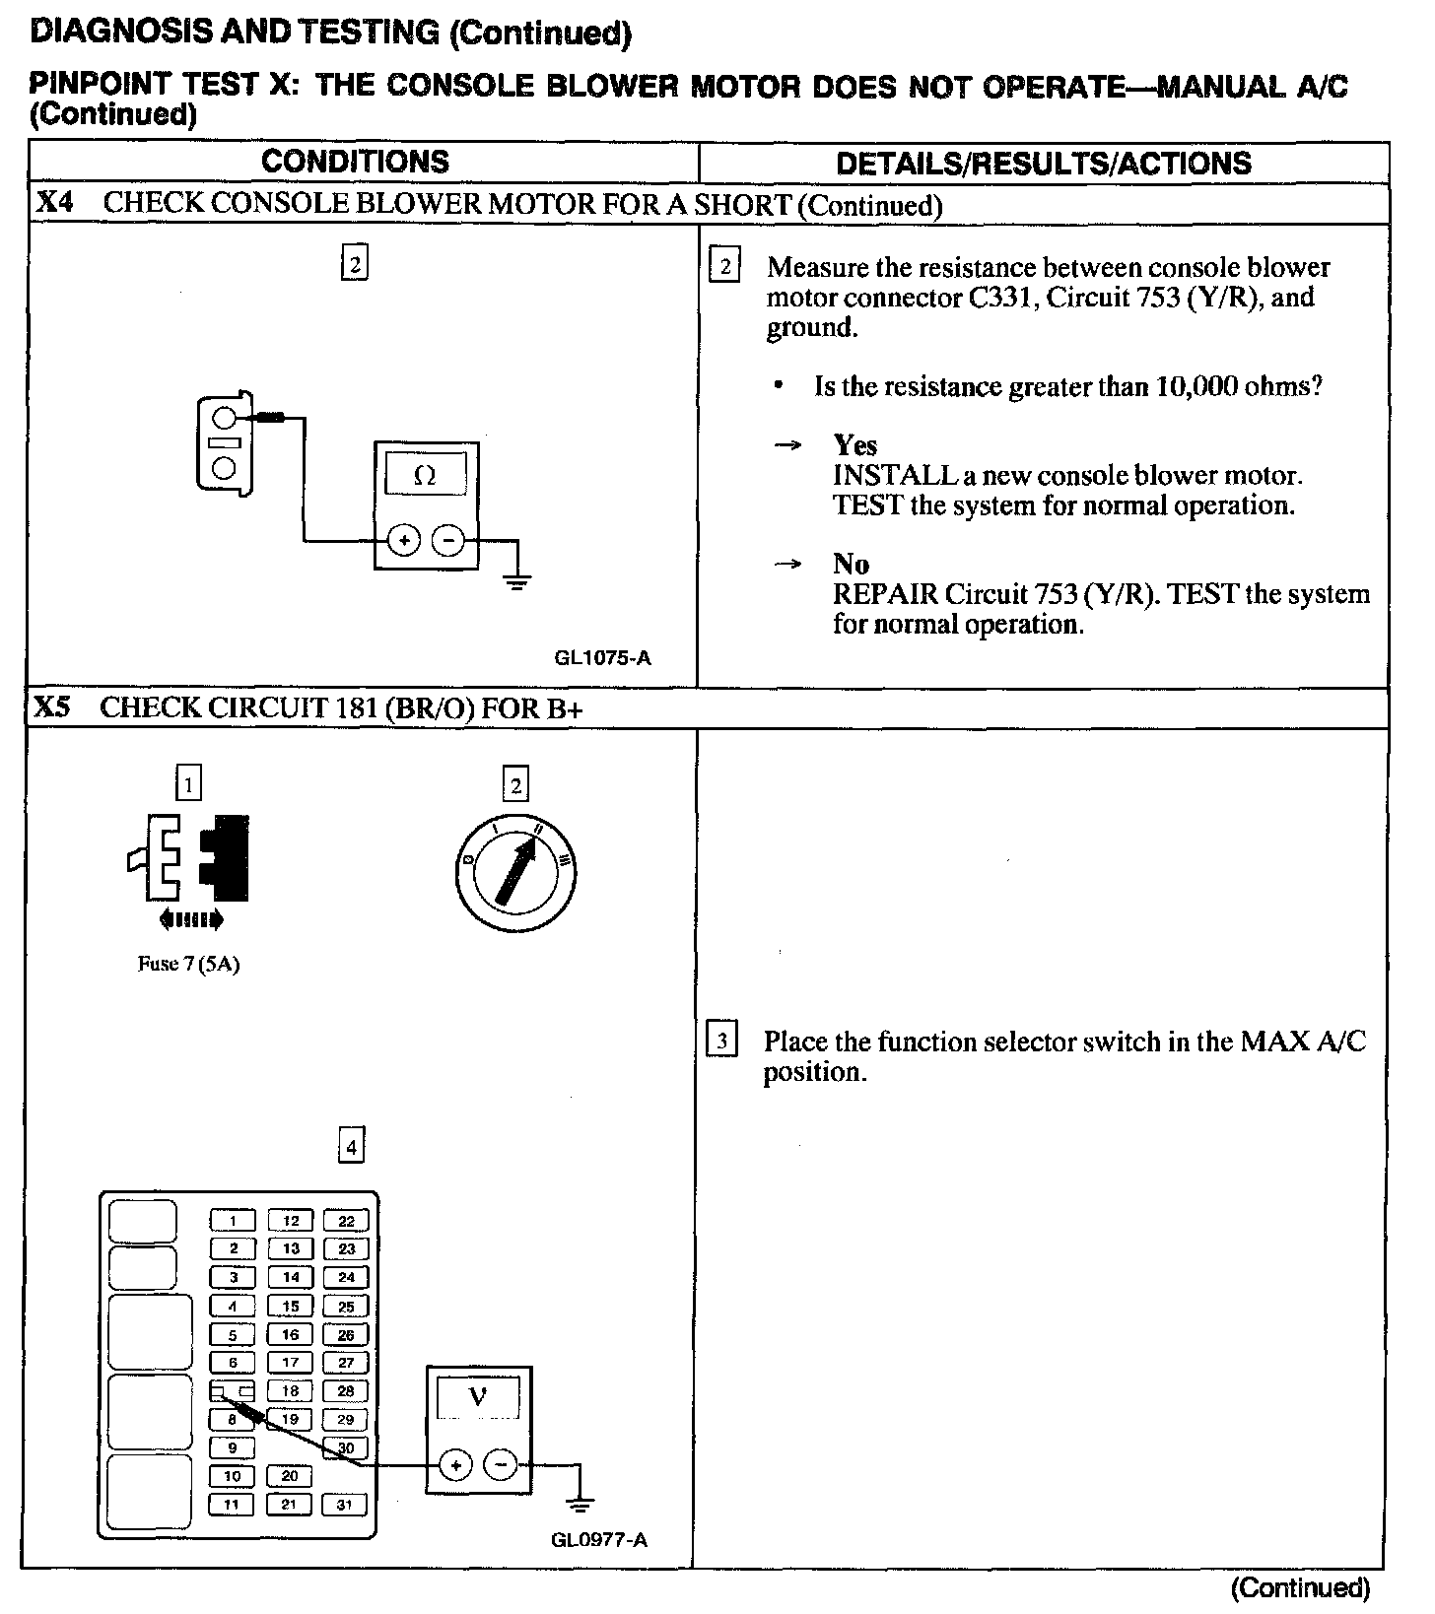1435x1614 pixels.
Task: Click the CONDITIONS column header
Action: click(x=355, y=162)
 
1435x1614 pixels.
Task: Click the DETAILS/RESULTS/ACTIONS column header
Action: click(x=1043, y=164)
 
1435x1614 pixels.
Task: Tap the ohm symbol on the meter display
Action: click(x=425, y=476)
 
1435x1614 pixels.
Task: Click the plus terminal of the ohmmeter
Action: click(x=403, y=540)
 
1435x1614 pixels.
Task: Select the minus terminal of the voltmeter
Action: click(x=502, y=1466)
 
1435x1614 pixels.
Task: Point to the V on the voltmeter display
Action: click(x=477, y=1396)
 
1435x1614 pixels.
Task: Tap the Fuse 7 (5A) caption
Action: click(x=188, y=964)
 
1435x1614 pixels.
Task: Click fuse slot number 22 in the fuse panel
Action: click(x=346, y=1221)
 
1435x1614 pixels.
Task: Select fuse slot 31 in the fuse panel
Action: click(x=345, y=1505)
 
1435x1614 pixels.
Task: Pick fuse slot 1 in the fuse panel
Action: click(x=233, y=1221)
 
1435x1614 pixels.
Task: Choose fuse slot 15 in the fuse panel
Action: click(x=290, y=1307)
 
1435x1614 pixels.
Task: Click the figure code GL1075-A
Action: click(x=602, y=657)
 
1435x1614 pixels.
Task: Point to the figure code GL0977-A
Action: click(x=599, y=1540)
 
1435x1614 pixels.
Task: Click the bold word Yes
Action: click(x=854, y=445)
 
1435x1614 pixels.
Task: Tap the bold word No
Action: click(x=851, y=564)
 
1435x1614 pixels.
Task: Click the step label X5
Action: click(x=55, y=707)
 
